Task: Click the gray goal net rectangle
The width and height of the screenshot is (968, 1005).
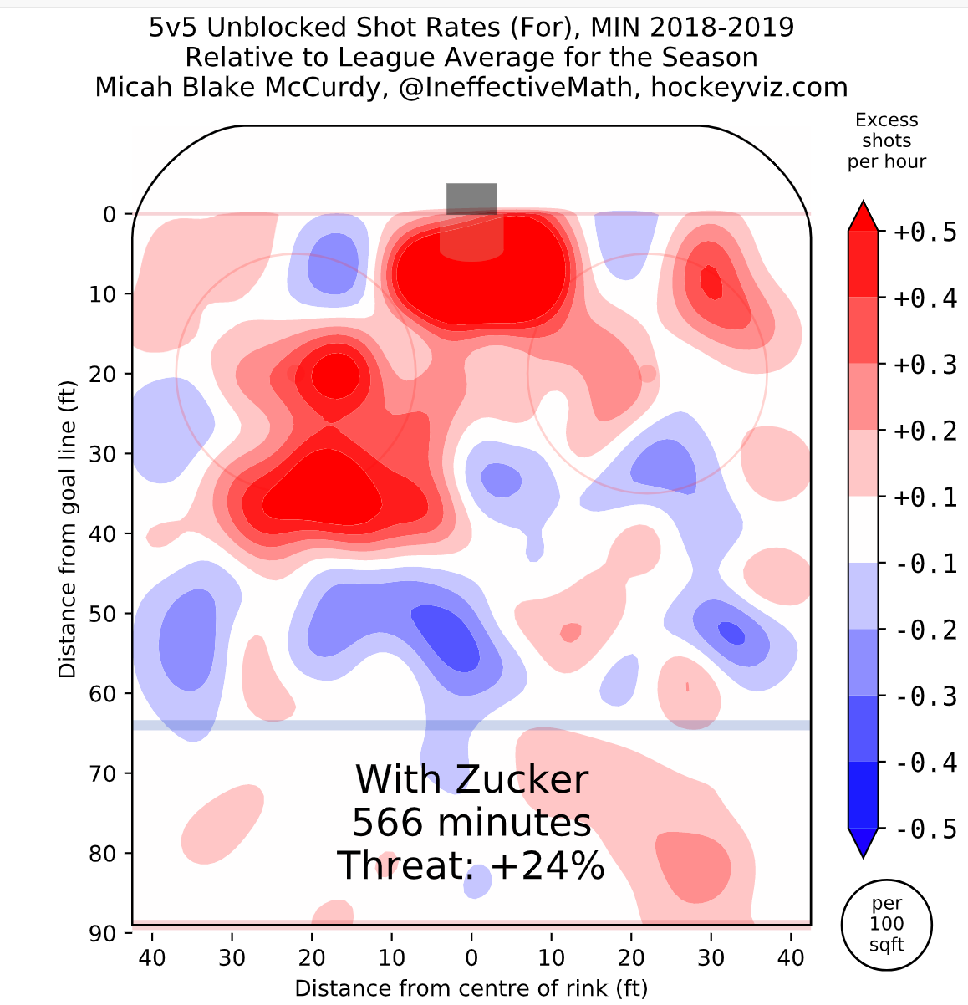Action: click(x=471, y=199)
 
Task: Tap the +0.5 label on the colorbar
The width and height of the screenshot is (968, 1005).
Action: click(x=925, y=232)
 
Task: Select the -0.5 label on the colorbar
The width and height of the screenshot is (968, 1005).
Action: click(x=925, y=829)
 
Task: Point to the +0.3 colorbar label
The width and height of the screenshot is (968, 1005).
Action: click(x=925, y=365)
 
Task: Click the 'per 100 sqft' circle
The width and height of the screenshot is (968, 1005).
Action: click(x=887, y=925)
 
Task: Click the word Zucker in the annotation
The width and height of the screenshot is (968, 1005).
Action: click(x=522, y=779)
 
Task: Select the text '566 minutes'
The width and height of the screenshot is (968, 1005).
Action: click(x=471, y=823)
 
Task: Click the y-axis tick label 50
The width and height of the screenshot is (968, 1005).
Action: click(x=110, y=614)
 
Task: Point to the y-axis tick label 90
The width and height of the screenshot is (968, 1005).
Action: click(x=110, y=932)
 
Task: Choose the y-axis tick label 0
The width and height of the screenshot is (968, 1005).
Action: click(x=110, y=214)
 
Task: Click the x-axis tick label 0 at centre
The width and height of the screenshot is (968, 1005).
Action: click(x=471, y=957)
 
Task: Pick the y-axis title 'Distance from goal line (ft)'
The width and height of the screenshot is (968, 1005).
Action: click(x=68, y=530)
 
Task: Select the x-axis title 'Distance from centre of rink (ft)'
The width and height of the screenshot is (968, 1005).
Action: click(x=471, y=988)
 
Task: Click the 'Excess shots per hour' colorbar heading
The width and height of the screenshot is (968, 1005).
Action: click(x=887, y=140)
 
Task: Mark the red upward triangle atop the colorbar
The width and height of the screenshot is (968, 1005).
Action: click(x=864, y=216)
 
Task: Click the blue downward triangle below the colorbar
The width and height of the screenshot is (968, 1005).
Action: click(x=864, y=842)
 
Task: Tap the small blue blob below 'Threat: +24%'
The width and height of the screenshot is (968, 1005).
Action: click(x=478, y=883)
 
